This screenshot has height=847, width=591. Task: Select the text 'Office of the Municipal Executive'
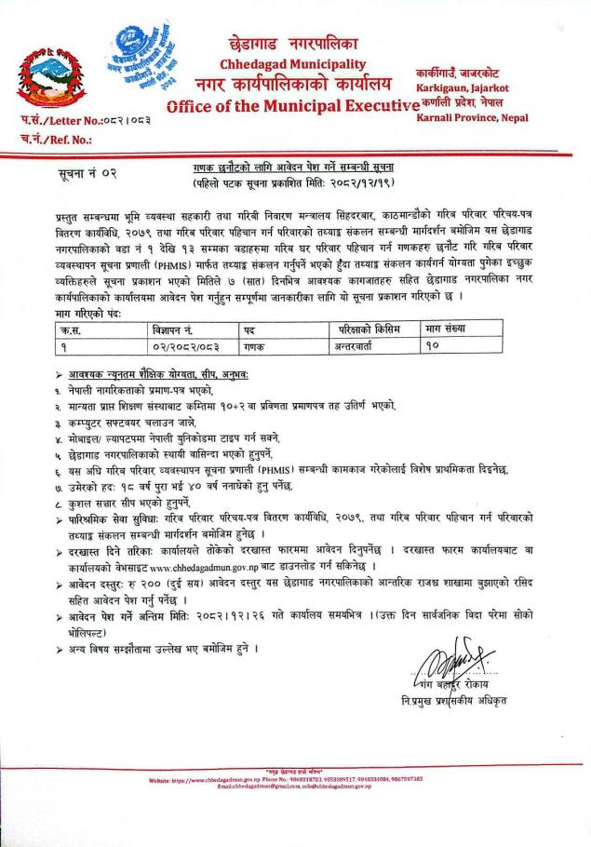tap(289, 106)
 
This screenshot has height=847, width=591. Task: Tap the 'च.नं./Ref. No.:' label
tap(54, 141)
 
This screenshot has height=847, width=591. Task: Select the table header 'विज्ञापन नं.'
tap(176, 329)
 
